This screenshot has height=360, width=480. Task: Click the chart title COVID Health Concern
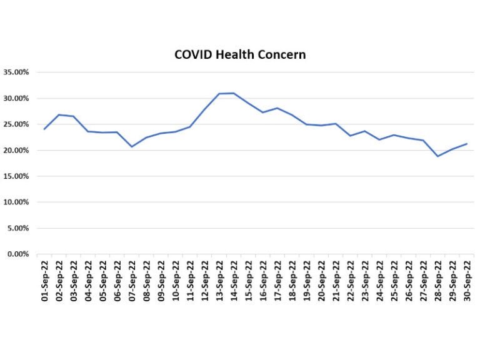(240, 54)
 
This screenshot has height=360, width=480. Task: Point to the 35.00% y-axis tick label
(17, 72)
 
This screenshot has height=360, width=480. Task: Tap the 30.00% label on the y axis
(17, 99)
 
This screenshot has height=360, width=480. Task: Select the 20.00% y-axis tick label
(17, 151)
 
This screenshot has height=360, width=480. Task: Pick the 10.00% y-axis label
(17, 202)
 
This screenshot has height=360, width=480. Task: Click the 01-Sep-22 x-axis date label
(44, 279)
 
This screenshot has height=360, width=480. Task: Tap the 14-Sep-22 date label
(233, 279)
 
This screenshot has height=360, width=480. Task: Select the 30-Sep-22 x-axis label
(466, 279)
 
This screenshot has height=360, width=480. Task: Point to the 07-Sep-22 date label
(131, 279)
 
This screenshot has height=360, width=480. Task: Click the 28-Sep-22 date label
(437, 279)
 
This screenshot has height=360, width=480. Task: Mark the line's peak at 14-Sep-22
(233, 93)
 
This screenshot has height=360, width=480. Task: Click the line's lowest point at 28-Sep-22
(437, 156)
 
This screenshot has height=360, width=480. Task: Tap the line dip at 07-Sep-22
(131, 147)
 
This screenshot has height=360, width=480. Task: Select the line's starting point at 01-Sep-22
(44, 129)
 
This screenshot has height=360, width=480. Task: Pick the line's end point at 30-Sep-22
(466, 144)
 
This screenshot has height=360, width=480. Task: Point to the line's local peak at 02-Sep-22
(59, 114)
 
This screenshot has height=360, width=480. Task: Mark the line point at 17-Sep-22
(277, 108)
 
